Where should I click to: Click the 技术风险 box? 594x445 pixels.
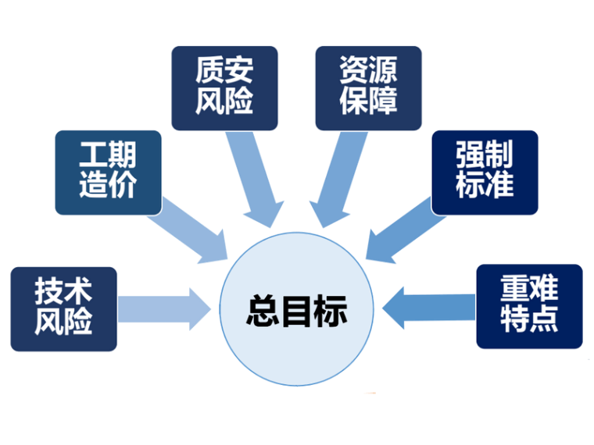click(63, 308)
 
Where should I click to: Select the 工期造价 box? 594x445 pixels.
click(108, 172)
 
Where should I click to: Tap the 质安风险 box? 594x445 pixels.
click(224, 87)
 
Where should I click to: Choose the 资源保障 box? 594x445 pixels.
click(368, 87)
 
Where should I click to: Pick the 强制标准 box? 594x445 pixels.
click(485, 172)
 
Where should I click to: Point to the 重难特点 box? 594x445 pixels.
click(529, 306)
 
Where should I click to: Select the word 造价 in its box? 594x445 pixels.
click(108, 187)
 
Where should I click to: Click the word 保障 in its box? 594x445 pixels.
click(368, 102)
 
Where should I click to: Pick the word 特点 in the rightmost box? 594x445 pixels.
click(529, 321)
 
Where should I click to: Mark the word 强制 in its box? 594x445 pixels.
click(485, 156)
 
